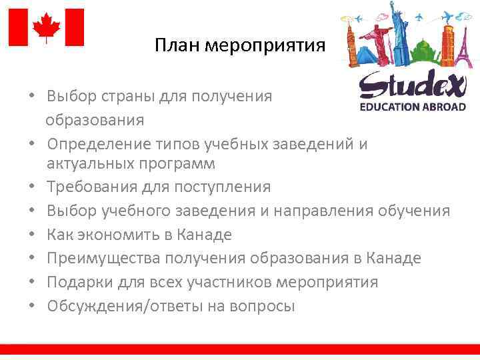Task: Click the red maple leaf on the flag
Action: point(46,27)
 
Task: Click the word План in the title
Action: point(177,46)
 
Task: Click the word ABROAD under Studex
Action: point(443,107)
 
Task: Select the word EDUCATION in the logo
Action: point(389,107)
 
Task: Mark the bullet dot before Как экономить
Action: point(31,235)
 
